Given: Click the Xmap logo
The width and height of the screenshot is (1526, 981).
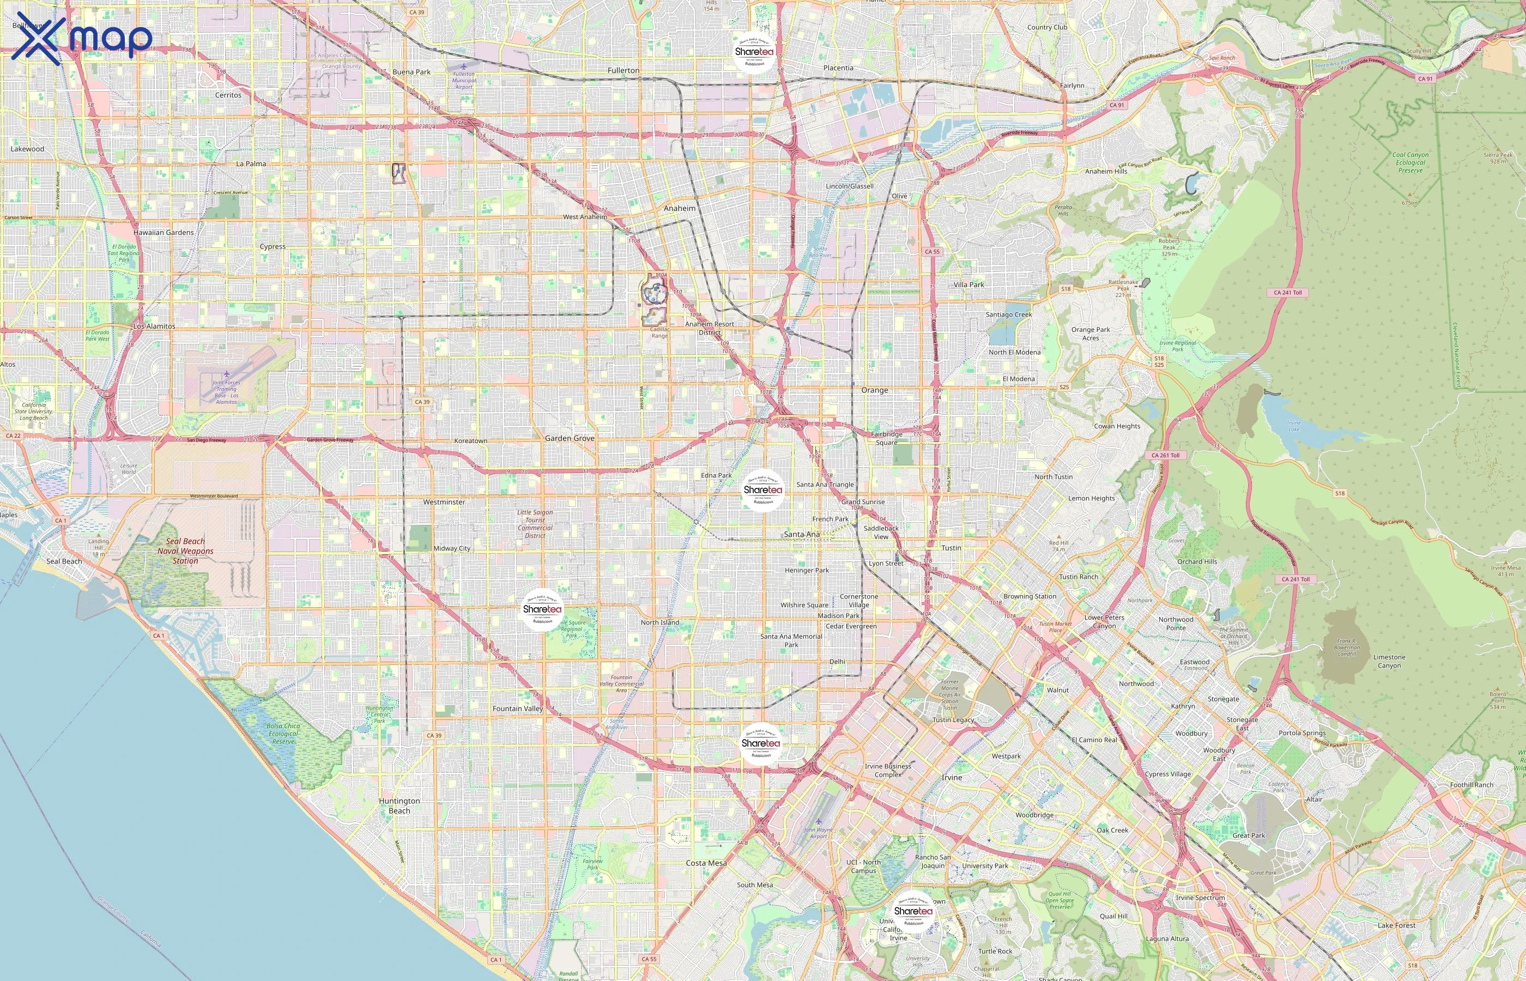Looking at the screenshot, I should tap(83, 38).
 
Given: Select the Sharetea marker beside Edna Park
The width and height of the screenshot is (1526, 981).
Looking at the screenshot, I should tap(762, 491).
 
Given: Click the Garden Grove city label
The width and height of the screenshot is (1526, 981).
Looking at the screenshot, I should tap(570, 438).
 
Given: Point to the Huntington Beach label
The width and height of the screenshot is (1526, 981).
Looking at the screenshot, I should tap(399, 806).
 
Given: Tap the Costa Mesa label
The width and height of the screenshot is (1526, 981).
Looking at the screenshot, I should tap(706, 863).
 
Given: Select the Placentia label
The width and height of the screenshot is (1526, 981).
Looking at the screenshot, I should tap(838, 68).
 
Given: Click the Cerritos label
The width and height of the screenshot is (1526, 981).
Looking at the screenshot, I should tap(228, 95).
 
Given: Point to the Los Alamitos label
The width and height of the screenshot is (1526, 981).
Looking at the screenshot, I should tap(154, 326).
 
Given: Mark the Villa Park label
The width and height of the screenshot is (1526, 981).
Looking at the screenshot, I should tap(968, 284).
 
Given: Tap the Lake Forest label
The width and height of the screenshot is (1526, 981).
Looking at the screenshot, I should tap(1396, 925).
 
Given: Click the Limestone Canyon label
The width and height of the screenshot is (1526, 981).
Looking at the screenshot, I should tap(1389, 661).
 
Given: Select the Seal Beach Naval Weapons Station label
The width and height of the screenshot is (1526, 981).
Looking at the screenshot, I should tap(185, 551).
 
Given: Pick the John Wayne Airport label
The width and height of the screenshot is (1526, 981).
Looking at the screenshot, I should tap(818, 833).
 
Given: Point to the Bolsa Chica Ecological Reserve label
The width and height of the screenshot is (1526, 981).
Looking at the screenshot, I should tap(283, 733).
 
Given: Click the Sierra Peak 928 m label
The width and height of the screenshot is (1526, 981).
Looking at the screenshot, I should tap(1498, 158).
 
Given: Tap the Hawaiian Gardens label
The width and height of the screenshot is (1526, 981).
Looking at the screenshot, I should tap(163, 233).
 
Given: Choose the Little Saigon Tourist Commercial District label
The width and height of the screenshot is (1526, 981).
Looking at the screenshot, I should tap(535, 524).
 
